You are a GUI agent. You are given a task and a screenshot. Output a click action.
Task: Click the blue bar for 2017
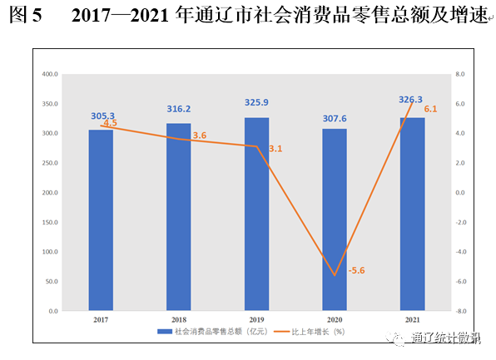tap(101, 220)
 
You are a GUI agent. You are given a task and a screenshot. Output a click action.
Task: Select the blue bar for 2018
tap(178, 217)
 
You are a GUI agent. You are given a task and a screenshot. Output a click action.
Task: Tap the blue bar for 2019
tap(256, 215)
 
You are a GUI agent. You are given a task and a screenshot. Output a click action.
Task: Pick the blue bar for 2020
tap(335, 219)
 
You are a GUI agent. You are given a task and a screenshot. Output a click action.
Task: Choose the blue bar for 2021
tap(412, 215)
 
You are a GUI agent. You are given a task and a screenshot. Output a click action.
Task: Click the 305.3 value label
tap(102, 116)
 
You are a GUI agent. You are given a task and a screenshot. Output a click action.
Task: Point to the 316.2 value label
tap(179, 109)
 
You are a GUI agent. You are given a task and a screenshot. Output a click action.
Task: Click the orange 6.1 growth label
tap(431, 110)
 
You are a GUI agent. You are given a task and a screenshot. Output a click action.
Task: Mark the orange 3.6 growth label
tap(200, 136)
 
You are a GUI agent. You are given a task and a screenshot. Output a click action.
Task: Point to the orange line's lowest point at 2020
tap(335, 275)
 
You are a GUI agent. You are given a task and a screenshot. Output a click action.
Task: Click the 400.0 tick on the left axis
tap(50, 74)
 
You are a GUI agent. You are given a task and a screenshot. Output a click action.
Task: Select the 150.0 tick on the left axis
tap(50, 222)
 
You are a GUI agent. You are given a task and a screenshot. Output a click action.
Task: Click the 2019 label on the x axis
tap(256, 319)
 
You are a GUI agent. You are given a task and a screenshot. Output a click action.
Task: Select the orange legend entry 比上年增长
tap(317, 332)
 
